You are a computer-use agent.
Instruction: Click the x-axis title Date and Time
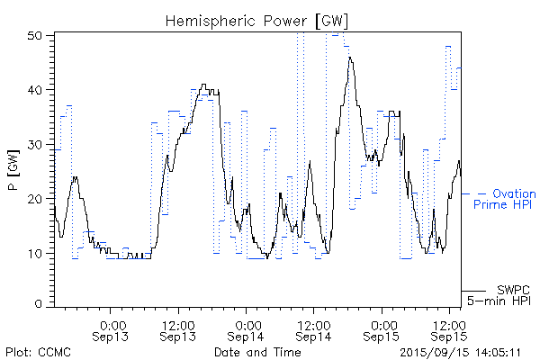[x=257, y=351]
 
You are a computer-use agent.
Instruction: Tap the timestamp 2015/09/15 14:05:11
[x=461, y=351]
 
